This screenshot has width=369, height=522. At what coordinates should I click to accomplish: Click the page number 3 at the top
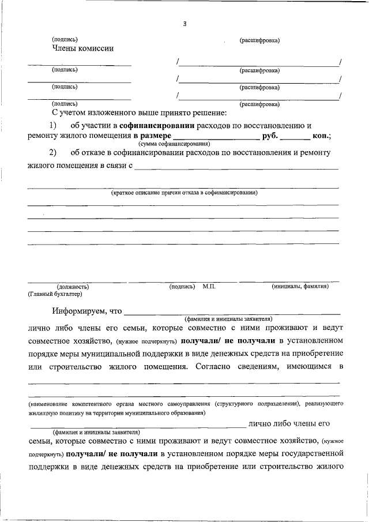184,24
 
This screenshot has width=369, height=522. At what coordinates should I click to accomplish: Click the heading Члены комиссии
82,48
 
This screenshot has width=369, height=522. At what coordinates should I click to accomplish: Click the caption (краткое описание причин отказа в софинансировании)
184,193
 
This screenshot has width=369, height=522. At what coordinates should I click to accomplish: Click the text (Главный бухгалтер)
55,294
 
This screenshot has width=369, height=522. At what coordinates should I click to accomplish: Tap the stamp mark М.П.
209,286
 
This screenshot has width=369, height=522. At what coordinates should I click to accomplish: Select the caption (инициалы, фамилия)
300,286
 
